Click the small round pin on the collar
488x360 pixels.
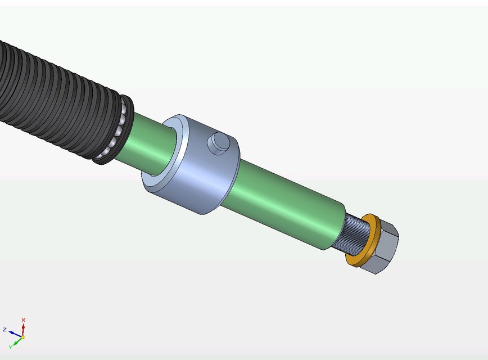[218, 143]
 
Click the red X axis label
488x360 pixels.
[23, 319]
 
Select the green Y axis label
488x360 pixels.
[10, 346]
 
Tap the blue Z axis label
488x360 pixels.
[4, 329]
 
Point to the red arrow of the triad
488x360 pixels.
[23, 328]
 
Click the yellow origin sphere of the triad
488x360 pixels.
[22, 337]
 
